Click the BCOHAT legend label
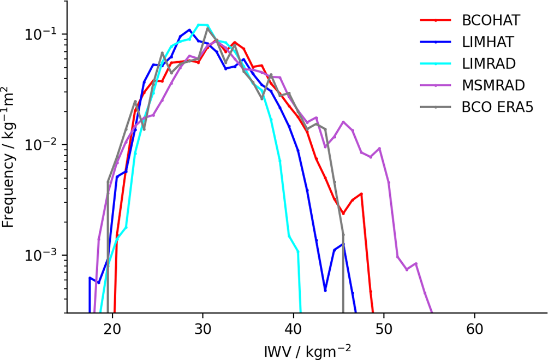[x=491, y=21]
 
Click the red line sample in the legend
[x=436, y=21]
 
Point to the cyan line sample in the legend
[x=436, y=64]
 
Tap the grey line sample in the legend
[x=436, y=108]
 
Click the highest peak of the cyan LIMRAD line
[x=202, y=25]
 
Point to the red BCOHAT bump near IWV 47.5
[x=361, y=194]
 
